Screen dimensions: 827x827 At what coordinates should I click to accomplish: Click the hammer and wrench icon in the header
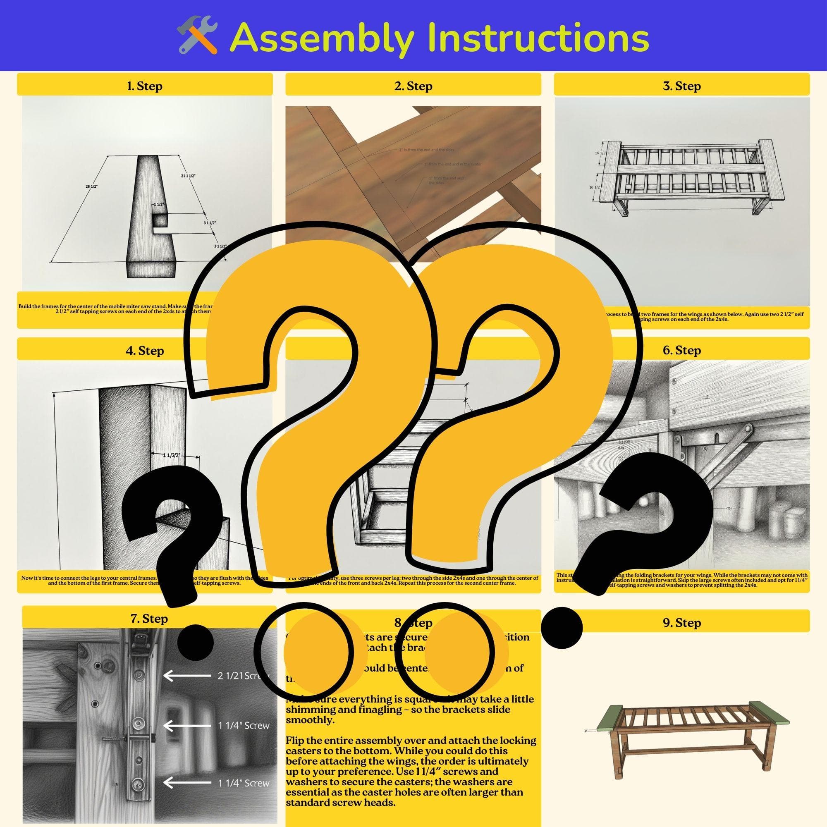[197, 36]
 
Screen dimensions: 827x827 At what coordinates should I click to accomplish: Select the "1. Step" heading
[145, 86]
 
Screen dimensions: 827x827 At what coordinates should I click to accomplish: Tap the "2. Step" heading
[413, 86]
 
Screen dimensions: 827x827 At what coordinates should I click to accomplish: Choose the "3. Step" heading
[681, 86]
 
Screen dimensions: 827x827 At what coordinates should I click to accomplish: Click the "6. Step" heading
[681, 350]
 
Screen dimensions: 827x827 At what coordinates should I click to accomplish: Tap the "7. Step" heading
[148, 619]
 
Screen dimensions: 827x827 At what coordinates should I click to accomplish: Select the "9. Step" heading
[681, 622]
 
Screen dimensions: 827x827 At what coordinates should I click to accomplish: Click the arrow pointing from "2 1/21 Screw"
[187, 676]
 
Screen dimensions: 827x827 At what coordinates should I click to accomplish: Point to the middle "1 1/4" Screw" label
[244, 726]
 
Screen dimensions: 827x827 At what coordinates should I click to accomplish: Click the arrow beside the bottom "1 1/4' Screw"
[187, 783]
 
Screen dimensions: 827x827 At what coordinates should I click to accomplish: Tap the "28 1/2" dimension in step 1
[91, 186]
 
